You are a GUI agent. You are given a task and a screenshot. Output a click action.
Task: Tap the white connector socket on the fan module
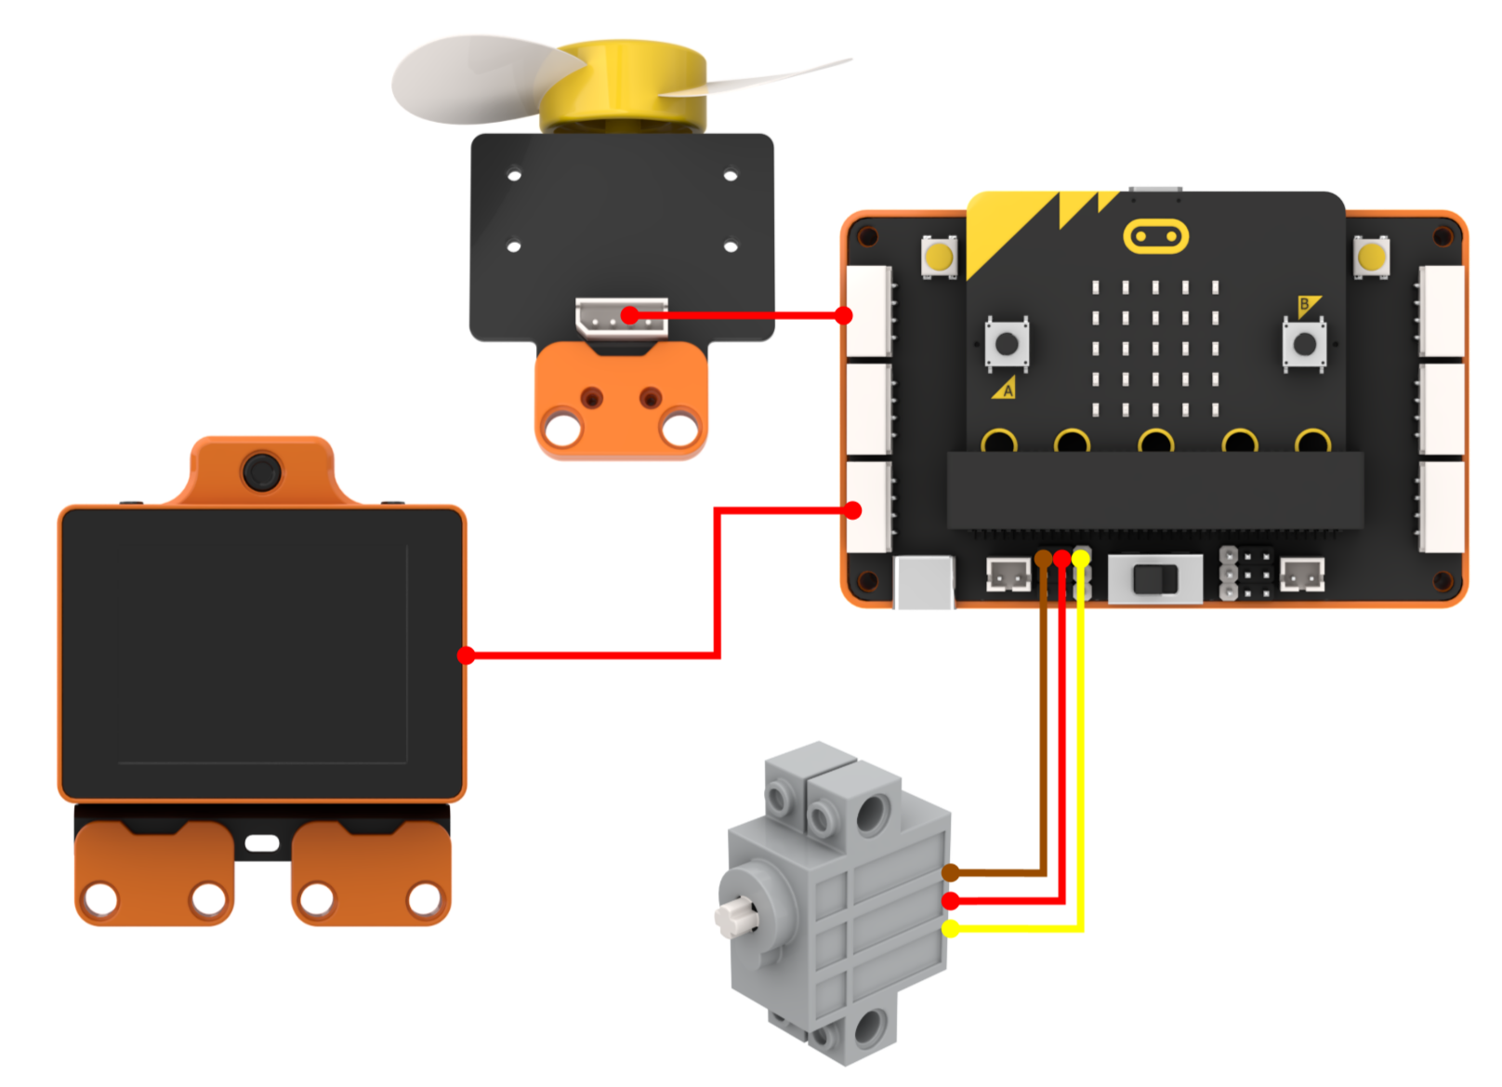[x=622, y=317]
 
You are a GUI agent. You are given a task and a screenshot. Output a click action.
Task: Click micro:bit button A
[x=1007, y=344]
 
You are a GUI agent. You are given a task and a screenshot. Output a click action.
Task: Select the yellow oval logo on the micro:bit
[x=1155, y=236]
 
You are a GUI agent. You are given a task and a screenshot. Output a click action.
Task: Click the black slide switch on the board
[x=1154, y=579]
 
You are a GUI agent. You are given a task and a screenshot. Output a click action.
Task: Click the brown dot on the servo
[x=950, y=873]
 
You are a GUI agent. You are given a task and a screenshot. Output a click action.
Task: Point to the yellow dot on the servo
[x=950, y=929]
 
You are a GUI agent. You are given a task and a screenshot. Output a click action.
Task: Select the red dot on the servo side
[x=950, y=900]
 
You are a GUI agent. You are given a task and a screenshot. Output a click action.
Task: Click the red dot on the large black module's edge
[x=466, y=656]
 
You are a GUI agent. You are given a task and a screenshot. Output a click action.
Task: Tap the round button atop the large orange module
[x=261, y=471]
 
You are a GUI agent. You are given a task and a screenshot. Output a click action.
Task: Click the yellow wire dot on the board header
[x=1080, y=558]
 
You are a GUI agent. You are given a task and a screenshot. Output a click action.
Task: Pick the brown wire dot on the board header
[x=1043, y=558]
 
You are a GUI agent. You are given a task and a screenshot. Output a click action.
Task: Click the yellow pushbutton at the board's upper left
[x=939, y=257]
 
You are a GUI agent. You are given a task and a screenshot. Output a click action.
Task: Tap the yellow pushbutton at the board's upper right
[x=1371, y=257]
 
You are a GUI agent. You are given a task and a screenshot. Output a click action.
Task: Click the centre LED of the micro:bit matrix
[x=1154, y=349]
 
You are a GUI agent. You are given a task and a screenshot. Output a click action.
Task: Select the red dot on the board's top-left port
[x=844, y=315]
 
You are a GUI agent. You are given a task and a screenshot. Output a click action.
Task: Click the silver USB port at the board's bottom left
[x=925, y=582]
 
